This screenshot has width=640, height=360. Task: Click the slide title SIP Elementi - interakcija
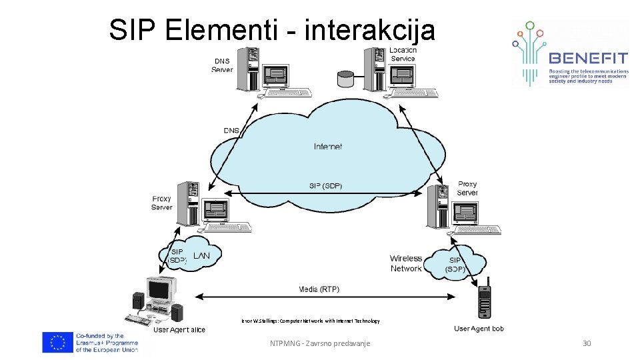point(272,29)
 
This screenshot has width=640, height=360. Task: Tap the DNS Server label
point(222,65)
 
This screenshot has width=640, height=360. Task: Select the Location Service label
point(403,54)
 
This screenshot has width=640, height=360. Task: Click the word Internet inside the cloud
point(328,147)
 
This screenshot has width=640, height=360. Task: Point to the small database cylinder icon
point(345,79)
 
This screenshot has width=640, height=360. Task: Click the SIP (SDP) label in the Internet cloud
point(325,186)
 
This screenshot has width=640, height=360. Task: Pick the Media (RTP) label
point(318,289)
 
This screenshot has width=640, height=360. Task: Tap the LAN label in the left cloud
point(201,256)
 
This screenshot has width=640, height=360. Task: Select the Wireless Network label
point(406,263)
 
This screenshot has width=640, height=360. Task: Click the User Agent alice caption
point(179,329)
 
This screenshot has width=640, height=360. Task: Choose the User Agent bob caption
point(479,329)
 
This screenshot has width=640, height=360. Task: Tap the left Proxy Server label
point(162,203)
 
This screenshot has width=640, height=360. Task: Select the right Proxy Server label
point(467,188)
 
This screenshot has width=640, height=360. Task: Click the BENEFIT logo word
point(587,57)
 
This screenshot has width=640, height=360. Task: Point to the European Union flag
point(57,342)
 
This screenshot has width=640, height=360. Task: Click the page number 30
point(587,343)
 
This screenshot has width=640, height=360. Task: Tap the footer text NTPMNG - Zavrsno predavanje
point(319,343)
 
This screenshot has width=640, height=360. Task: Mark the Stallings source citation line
point(311,321)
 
